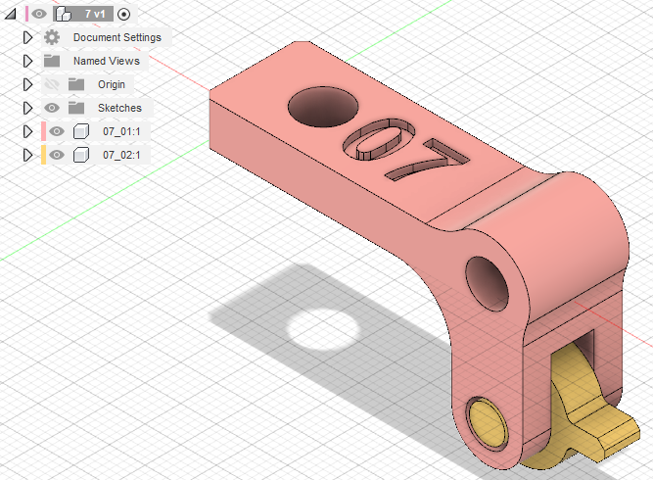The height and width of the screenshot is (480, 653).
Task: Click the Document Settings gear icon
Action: tap(52, 37)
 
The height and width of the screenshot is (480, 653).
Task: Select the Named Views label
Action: tap(107, 61)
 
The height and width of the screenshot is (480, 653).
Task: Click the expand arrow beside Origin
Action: tap(28, 84)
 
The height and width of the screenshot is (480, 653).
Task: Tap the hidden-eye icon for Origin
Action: tap(52, 84)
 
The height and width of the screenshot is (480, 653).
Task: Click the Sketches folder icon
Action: tap(76, 108)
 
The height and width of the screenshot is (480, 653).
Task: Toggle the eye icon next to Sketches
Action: tap(52, 108)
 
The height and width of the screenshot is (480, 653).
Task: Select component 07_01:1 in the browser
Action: tap(121, 131)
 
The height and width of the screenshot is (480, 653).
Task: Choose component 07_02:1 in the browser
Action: tap(121, 155)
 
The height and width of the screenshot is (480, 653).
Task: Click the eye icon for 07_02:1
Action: tap(57, 155)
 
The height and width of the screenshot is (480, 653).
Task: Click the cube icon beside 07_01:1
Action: tap(81, 131)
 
